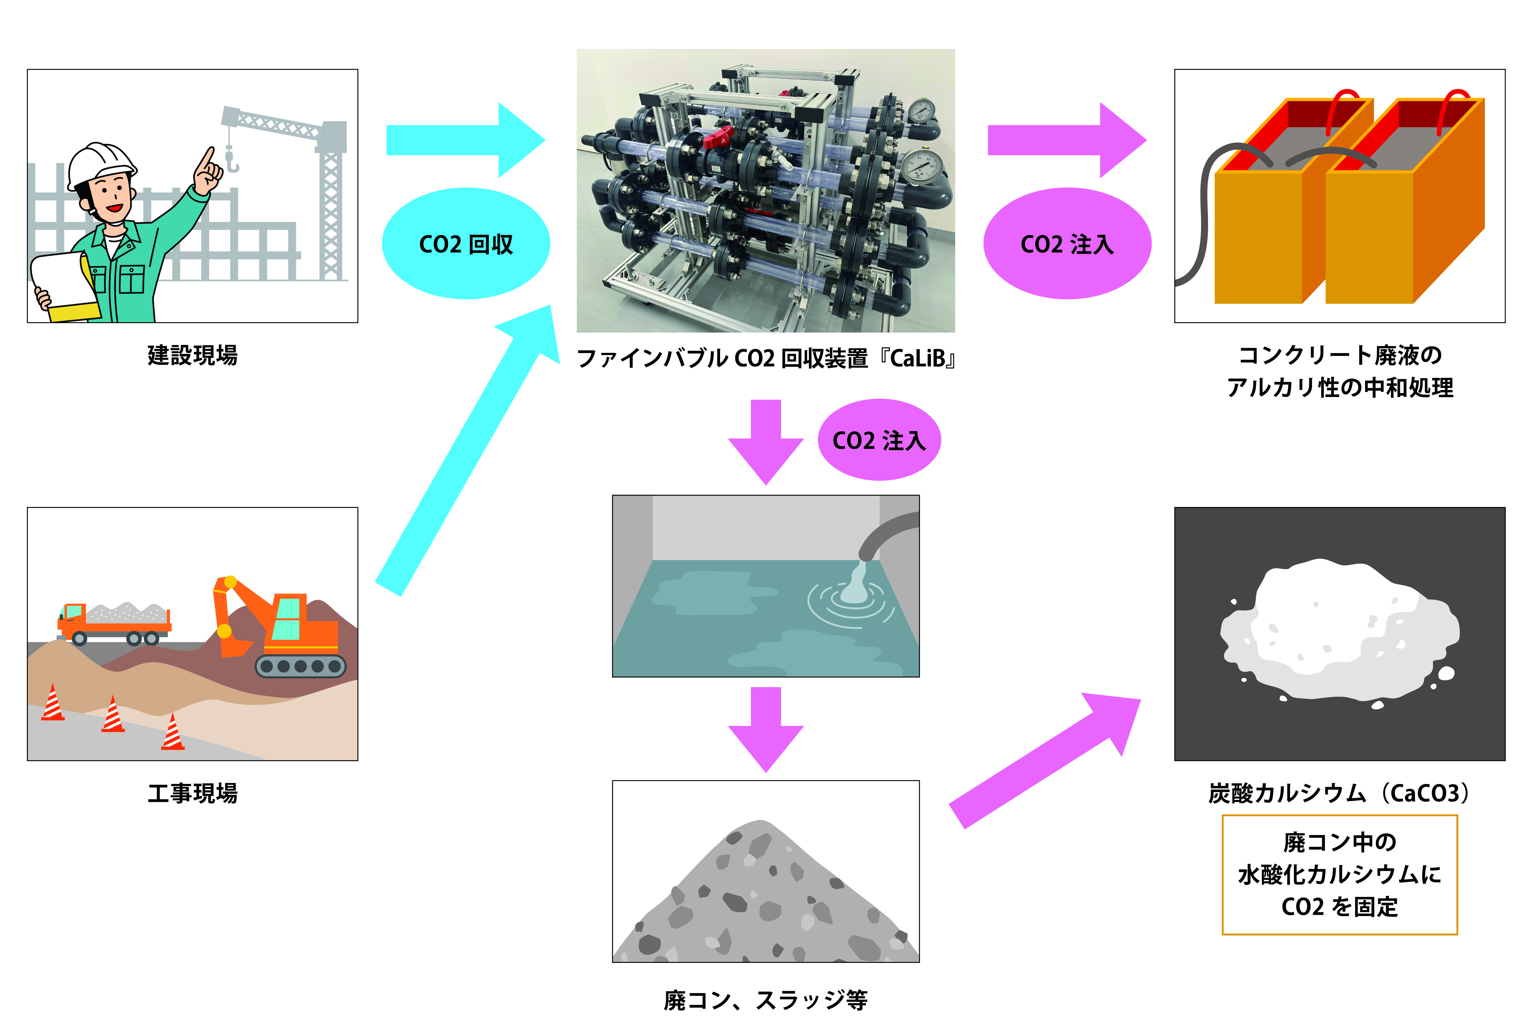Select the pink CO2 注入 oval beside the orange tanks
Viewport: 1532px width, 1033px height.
click(x=1067, y=244)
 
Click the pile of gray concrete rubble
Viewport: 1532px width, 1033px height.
click(x=766, y=896)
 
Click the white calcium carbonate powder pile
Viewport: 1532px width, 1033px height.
click(x=1338, y=632)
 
